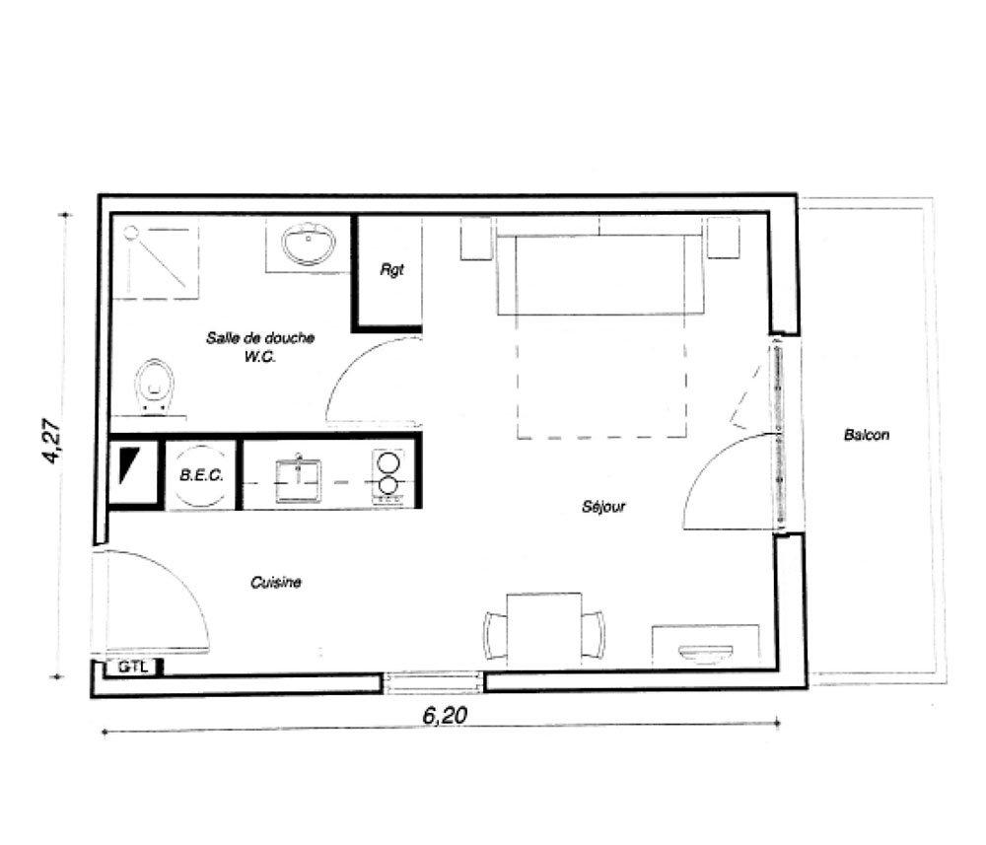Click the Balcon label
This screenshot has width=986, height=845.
[866, 435]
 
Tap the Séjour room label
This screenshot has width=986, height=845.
[603, 506]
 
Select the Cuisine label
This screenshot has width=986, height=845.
[275, 582]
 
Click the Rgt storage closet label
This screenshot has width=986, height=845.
[391, 270]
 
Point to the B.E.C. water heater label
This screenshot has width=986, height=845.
[201, 474]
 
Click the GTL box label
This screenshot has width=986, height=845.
[133, 667]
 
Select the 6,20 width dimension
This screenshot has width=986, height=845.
[445, 715]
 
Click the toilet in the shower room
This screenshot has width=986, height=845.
[154, 385]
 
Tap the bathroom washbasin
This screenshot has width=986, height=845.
[308, 244]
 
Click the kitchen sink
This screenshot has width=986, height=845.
[298, 481]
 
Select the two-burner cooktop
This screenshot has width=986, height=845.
[387, 476]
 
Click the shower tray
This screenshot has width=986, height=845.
[156, 258]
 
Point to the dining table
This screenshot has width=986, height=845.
[544, 629]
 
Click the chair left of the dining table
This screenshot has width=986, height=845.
[496, 634]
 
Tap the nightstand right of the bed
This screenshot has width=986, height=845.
[723, 238]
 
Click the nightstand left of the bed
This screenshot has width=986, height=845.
[475, 239]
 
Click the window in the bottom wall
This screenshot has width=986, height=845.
[433, 682]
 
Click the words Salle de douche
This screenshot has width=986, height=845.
[260, 337]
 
